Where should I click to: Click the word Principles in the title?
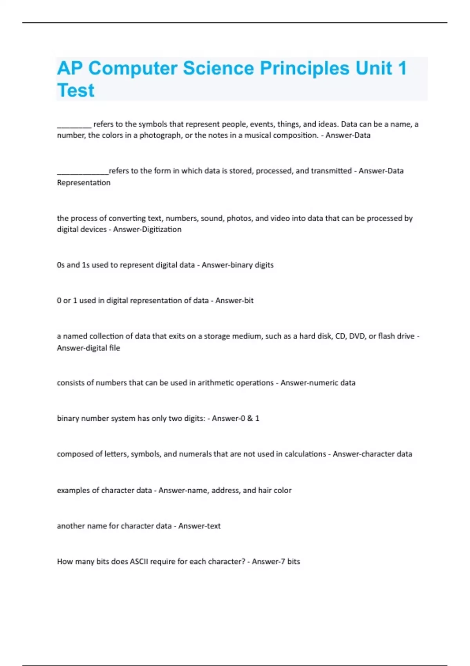(304, 68)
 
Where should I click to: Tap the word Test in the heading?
(76, 90)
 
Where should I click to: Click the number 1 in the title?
(402, 68)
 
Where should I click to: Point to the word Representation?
(83, 183)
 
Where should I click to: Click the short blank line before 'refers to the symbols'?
(74, 126)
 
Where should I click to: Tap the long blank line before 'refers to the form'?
(83, 173)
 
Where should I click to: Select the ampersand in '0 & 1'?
(249, 418)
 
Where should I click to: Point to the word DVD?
(357, 336)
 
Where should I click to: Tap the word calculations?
(305, 454)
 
